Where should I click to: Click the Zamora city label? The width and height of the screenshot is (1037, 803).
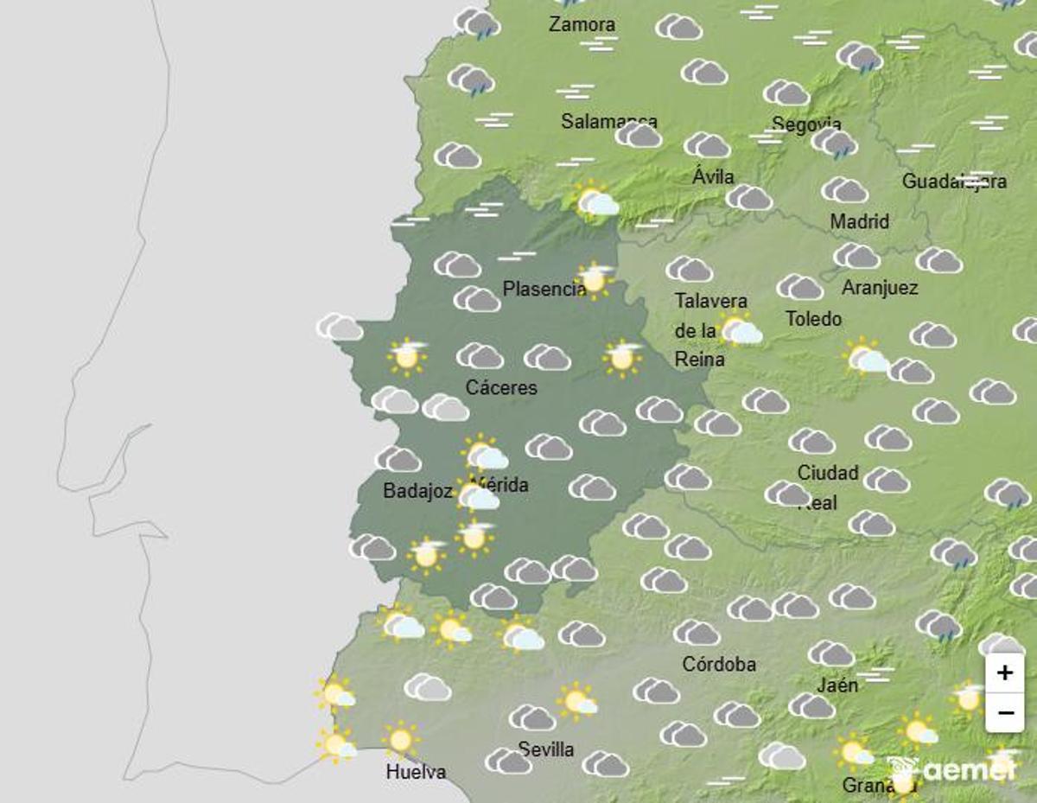point(582,24)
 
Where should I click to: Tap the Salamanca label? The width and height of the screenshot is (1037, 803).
point(608,121)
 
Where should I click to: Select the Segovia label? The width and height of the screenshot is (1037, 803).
point(805,124)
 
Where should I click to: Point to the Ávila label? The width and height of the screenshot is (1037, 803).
point(713,176)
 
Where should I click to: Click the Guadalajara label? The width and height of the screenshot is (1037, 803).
point(954,182)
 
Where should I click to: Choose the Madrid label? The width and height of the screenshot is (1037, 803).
point(859,222)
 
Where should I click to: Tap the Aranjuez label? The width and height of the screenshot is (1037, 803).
point(880,288)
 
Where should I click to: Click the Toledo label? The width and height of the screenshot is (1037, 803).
point(813,319)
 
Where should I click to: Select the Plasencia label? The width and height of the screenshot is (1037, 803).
point(544,290)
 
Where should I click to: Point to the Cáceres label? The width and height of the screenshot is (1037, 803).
point(501,387)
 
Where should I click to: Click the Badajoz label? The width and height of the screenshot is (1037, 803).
point(417,491)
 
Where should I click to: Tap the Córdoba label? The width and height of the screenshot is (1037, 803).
point(719,664)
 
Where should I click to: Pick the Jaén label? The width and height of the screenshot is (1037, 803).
point(837,685)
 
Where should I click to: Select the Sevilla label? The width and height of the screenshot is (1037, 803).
point(545,749)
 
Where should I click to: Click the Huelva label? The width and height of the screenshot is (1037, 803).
point(416,771)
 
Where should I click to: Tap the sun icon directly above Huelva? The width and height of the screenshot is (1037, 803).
point(400,740)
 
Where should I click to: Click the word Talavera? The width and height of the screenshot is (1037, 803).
point(710,301)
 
